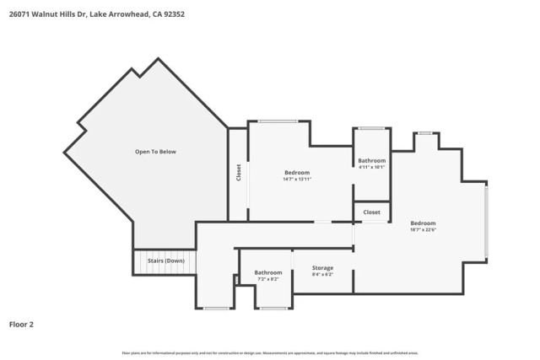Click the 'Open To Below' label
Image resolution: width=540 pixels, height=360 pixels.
pos(155,152)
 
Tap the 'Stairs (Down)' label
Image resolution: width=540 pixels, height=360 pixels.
pos(166,261)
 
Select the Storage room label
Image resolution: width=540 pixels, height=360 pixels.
pos(322,268)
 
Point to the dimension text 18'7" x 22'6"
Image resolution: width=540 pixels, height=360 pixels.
pos(423,229)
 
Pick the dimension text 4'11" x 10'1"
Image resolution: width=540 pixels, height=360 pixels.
pos(371,167)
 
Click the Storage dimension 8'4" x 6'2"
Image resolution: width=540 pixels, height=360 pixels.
pos(322,275)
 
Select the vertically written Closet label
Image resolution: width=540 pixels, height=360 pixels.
pos(239,174)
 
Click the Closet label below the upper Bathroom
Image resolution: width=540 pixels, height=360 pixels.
pos(371,212)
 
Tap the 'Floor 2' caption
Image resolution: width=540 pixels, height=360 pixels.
pos(21,324)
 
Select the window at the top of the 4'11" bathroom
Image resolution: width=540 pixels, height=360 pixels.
pos(371,128)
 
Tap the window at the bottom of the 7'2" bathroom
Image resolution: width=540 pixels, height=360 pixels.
pos(273,309)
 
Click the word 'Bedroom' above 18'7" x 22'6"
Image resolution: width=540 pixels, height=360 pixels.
pos(423,223)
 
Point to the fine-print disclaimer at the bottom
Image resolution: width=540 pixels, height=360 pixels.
pos(269,352)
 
